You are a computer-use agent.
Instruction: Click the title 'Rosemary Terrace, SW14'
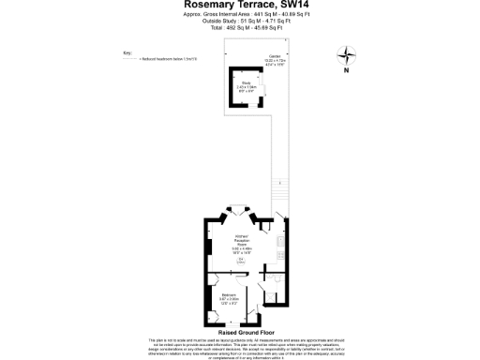[239, 6]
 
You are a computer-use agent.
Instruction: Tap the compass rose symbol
[346, 54]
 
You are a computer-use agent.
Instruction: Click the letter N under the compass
[346, 70]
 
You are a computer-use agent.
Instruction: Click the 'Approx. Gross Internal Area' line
[239, 16]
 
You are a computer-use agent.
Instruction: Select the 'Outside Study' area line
[239, 22]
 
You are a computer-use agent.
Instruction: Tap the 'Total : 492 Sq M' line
[239, 29]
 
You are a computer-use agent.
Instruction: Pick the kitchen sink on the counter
[279, 241]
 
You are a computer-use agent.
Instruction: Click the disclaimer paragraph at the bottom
[240, 348]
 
